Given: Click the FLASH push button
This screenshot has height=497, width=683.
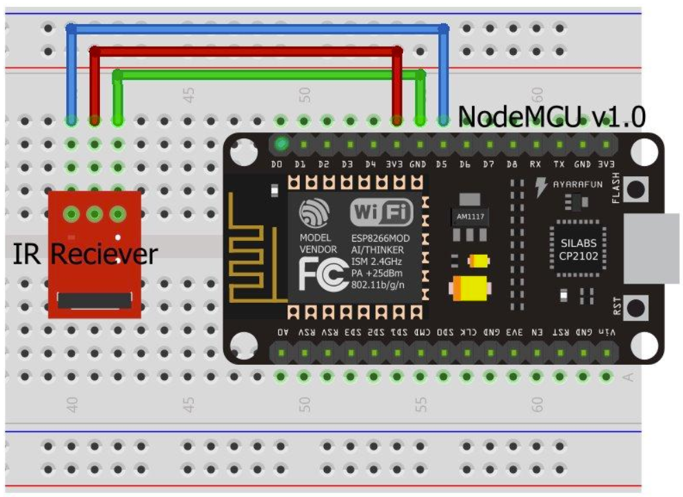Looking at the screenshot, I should point(640,189).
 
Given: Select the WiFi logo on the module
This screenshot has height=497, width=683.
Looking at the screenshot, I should point(382,213).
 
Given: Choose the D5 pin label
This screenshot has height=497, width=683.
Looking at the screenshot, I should point(442,165).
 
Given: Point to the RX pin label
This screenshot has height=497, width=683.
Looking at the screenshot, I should point(536,165).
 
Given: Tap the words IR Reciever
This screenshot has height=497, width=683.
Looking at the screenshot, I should point(84,255).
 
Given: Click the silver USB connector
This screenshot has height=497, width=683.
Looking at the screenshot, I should point(651,248).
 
